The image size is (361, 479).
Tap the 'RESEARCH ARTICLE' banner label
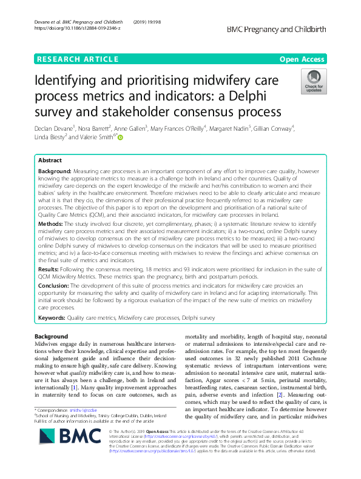pos(77,59)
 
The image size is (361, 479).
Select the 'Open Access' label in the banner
pos(303,59)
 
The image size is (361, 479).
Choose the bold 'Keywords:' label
pos(52,317)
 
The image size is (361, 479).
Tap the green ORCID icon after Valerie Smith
pos(120,137)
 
